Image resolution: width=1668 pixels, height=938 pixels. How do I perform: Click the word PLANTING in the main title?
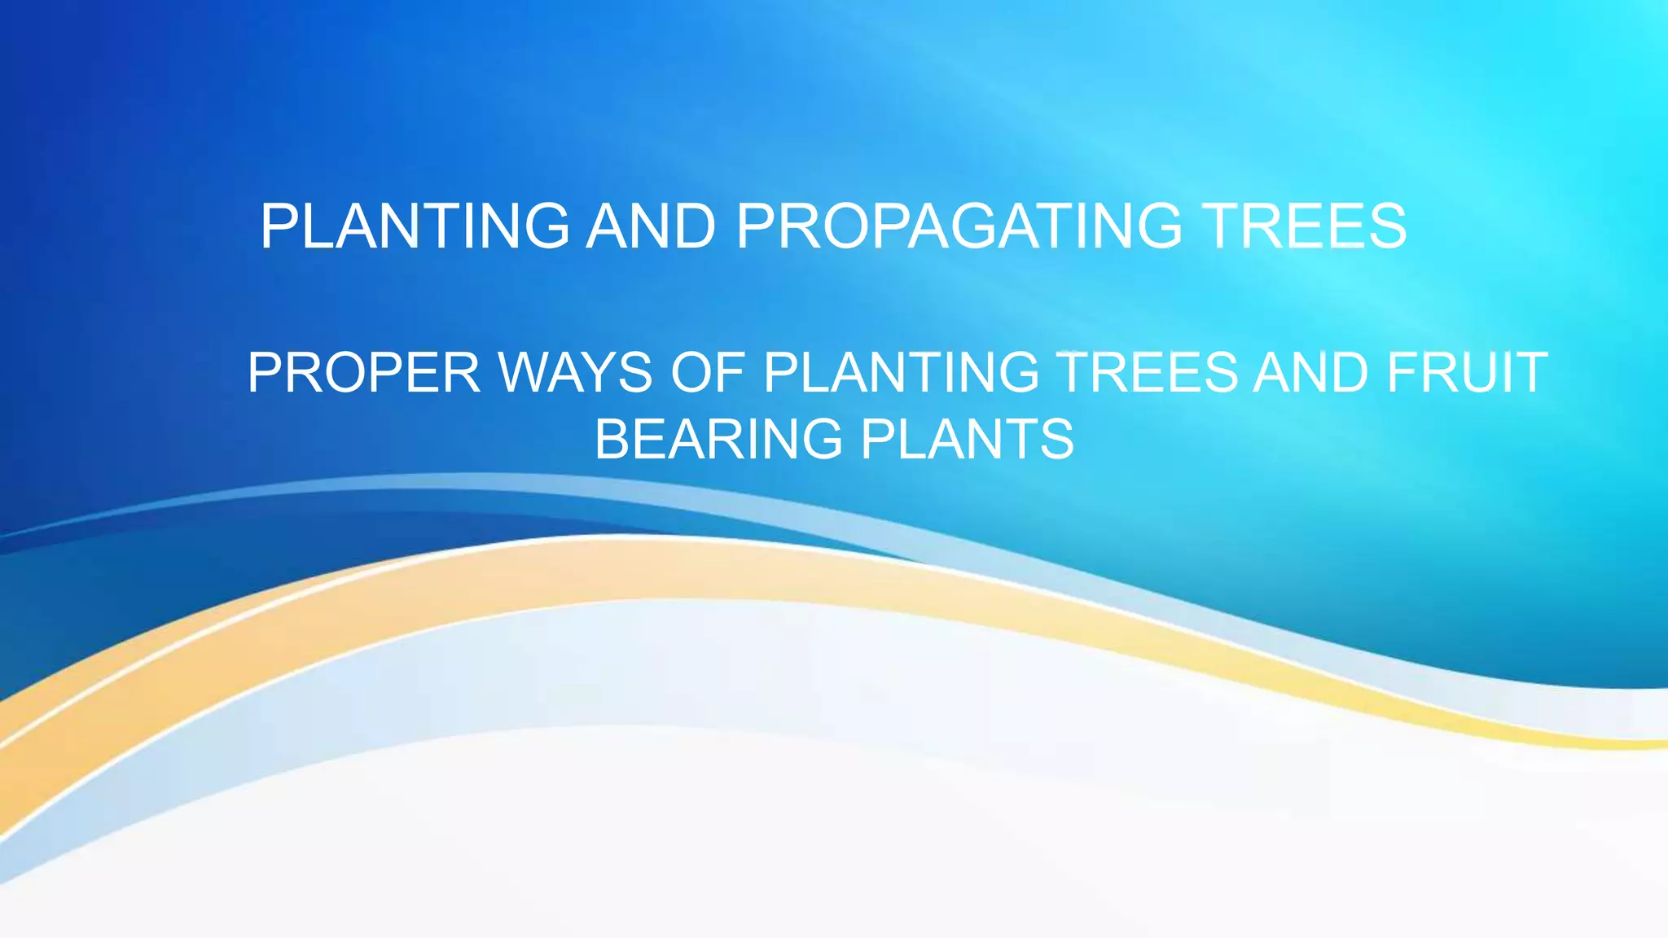click(x=415, y=226)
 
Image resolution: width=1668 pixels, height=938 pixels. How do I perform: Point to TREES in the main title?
click(x=1305, y=226)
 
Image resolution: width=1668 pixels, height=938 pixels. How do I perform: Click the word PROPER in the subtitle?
click(x=364, y=373)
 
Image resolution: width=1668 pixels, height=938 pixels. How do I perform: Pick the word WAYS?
click(x=575, y=373)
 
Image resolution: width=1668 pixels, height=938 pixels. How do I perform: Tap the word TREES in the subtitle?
click(x=1148, y=373)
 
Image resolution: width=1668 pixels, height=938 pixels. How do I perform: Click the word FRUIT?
click(x=1467, y=373)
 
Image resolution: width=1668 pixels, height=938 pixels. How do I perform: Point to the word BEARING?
click(x=718, y=440)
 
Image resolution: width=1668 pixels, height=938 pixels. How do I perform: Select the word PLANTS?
click(x=968, y=440)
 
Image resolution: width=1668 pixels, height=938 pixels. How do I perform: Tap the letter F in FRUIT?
click(x=1402, y=373)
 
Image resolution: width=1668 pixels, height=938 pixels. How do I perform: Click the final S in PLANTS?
click(x=1058, y=440)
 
